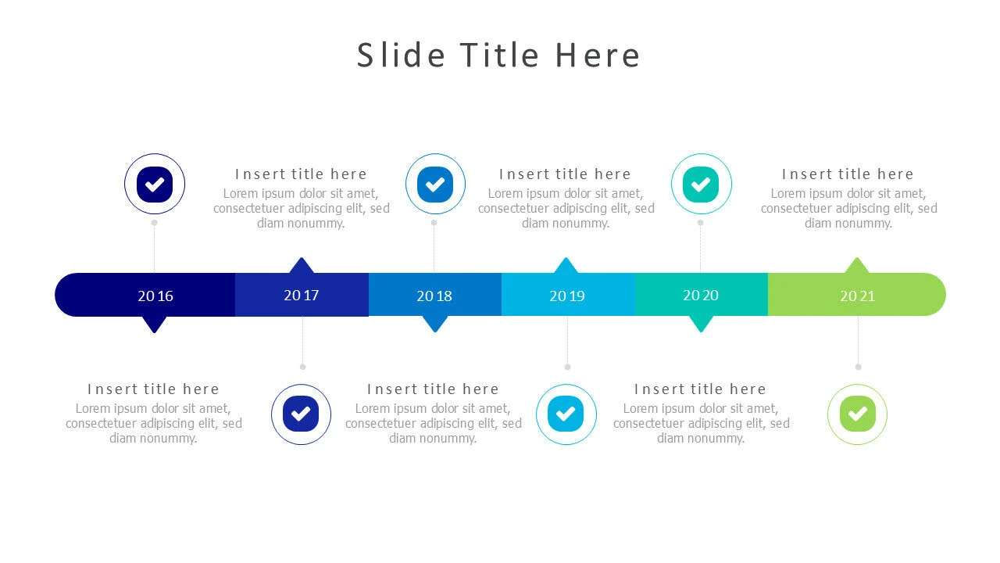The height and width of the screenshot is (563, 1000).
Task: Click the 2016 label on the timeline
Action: click(x=155, y=296)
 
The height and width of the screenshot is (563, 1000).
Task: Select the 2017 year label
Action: click(x=302, y=295)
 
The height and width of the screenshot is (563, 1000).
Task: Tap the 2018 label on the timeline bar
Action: click(x=434, y=296)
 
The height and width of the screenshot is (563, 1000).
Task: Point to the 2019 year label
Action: click(x=567, y=296)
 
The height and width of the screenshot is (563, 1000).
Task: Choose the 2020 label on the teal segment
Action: click(x=701, y=295)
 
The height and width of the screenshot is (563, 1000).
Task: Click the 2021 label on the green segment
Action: click(x=858, y=296)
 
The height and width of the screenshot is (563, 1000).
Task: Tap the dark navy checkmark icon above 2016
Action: click(x=155, y=185)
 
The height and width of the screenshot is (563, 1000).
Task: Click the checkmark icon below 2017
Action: click(x=301, y=414)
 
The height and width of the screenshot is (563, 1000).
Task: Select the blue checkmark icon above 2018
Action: click(x=435, y=185)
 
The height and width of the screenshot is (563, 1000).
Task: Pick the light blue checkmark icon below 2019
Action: click(x=566, y=414)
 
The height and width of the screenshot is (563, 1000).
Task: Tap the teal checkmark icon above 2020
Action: click(x=702, y=185)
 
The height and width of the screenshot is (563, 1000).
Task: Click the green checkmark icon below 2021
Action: click(x=857, y=414)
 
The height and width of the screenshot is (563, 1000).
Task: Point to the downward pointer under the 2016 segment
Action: click(x=155, y=324)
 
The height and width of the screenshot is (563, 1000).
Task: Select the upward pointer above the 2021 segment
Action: click(x=857, y=266)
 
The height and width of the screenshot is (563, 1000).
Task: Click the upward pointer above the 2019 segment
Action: click(x=566, y=266)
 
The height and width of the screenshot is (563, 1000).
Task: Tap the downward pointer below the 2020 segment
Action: click(x=701, y=324)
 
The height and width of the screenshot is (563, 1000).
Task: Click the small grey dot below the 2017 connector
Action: click(x=302, y=367)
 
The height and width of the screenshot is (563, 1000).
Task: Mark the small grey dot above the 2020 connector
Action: click(x=700, y=222)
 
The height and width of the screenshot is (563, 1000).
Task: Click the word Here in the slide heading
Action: click(x=598, y=56)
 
